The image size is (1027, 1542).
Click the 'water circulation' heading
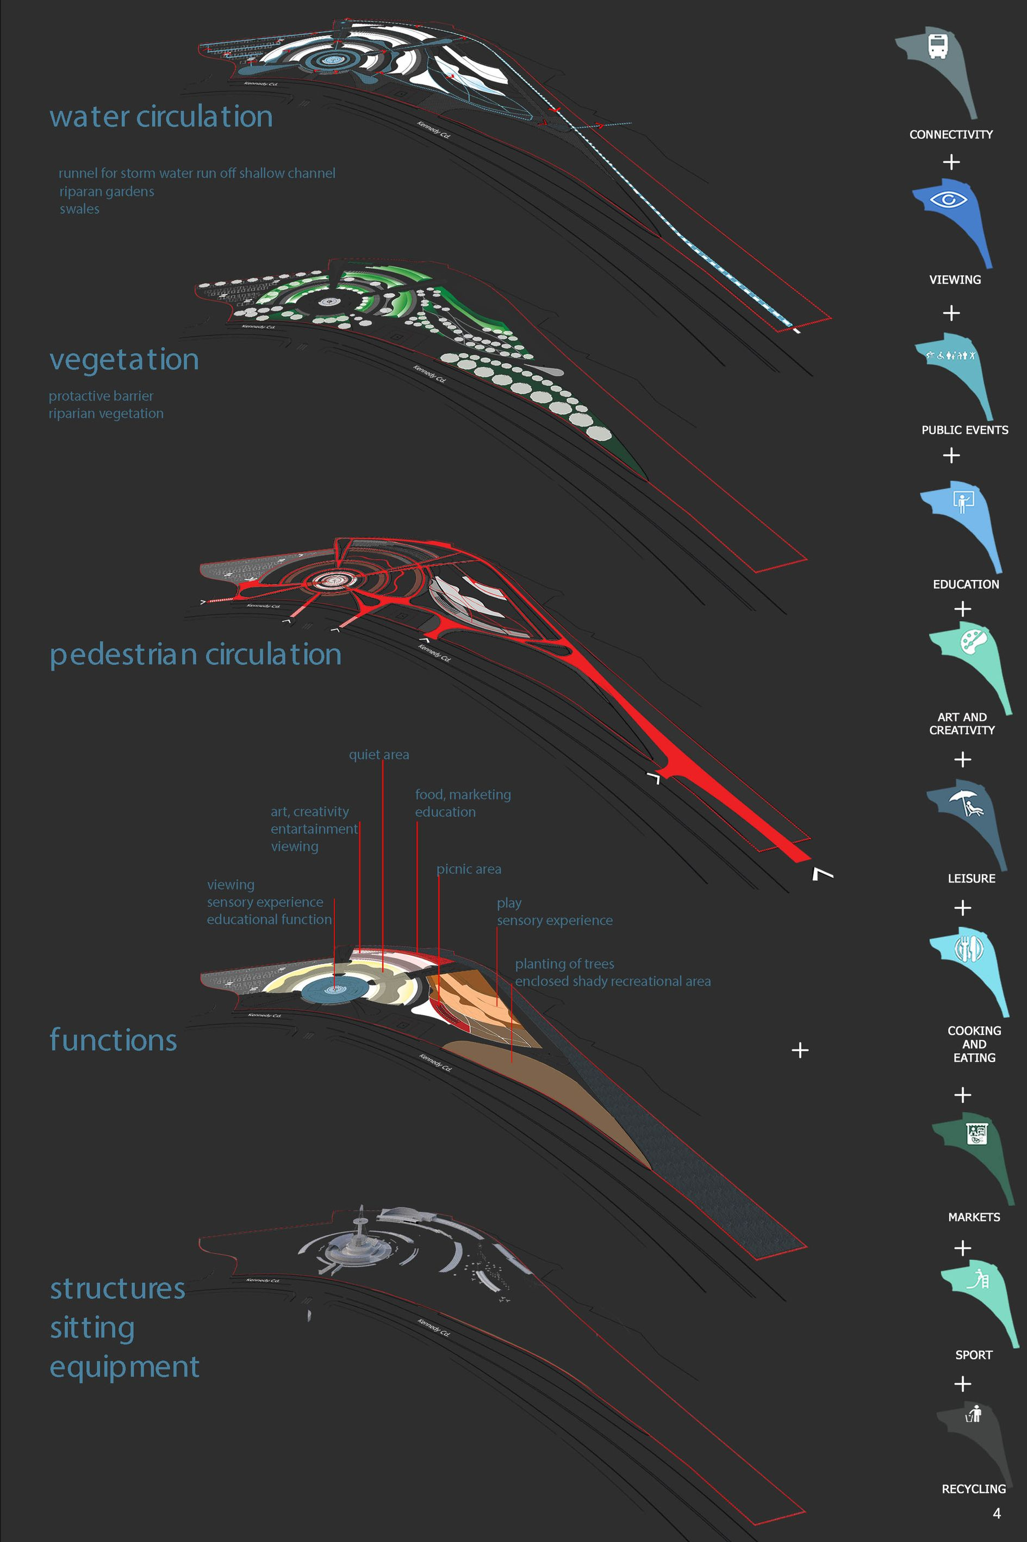coord(161,116)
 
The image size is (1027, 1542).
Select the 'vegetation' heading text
coord(124,360)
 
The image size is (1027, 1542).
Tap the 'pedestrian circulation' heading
coord(195,655)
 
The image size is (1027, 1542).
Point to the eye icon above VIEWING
coord(948,199)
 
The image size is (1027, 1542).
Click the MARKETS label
coord(973,1217)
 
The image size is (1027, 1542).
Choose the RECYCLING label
coord(973,1489)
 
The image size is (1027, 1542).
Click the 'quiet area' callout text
coord(378,754)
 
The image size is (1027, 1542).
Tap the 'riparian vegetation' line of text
coord(106,414)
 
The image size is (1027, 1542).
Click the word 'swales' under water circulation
coord(79,209)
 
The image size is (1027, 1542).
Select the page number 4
coord(996,1513)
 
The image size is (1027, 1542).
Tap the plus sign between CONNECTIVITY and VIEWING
coord(951,162)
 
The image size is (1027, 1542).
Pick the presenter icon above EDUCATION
coord(963,502)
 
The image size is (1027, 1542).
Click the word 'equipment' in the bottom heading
coord(125,1366)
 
